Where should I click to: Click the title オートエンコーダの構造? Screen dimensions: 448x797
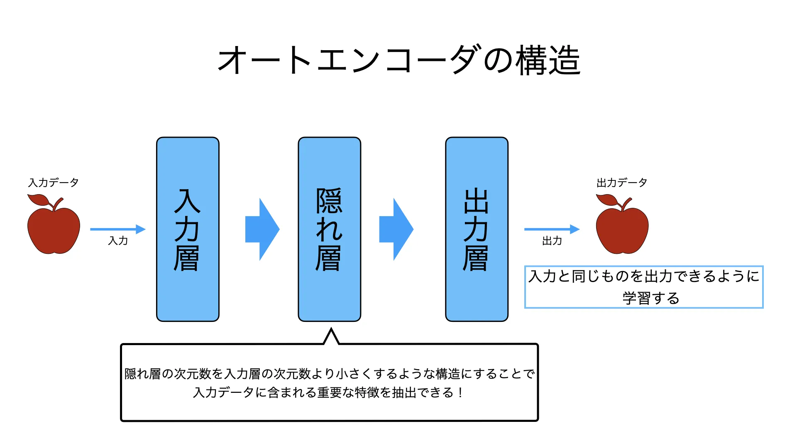(x=398, y=61)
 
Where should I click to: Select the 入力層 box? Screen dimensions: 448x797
(x=188, y=229)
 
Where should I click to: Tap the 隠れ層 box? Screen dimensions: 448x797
(x=329, y=229)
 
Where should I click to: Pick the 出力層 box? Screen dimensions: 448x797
(x=477, y=229)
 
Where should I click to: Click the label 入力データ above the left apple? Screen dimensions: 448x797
(x=53, y=183)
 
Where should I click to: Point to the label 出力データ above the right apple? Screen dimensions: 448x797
(x=621, y=183)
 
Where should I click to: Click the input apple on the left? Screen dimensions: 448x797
(x=54, y=230)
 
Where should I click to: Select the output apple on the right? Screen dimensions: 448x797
(x=622, y=230)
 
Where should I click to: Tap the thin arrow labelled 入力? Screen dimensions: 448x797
(x=117, y=229)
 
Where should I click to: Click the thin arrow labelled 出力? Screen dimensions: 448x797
(x=552, y=229)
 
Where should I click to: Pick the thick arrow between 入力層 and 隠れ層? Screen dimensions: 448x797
(x=262, y=229)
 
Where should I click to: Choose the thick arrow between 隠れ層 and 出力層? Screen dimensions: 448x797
(x=396, y=229)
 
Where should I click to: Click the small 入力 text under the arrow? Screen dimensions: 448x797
(x=118, y=241)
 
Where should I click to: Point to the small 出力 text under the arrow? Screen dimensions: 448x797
(x=552, y=241)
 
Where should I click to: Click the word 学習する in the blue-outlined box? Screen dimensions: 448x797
(x=650, y=298)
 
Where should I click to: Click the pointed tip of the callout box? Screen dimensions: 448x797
(x=331, y=330)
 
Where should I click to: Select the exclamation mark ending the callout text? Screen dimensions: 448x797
(x=460, y=392)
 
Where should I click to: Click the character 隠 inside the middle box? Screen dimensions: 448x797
(x=329, y=201)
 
